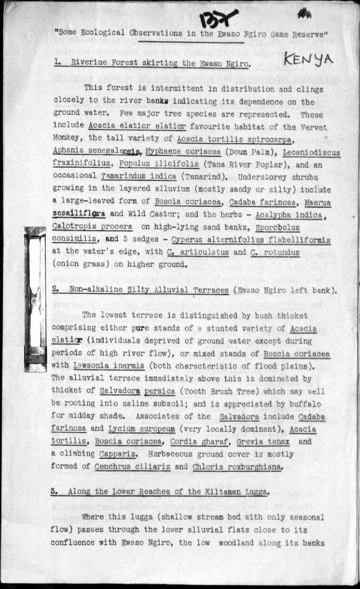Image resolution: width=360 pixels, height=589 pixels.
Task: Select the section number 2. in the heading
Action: (x=55, y=290)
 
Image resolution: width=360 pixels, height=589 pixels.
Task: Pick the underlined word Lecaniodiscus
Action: (x=312, y=152)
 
